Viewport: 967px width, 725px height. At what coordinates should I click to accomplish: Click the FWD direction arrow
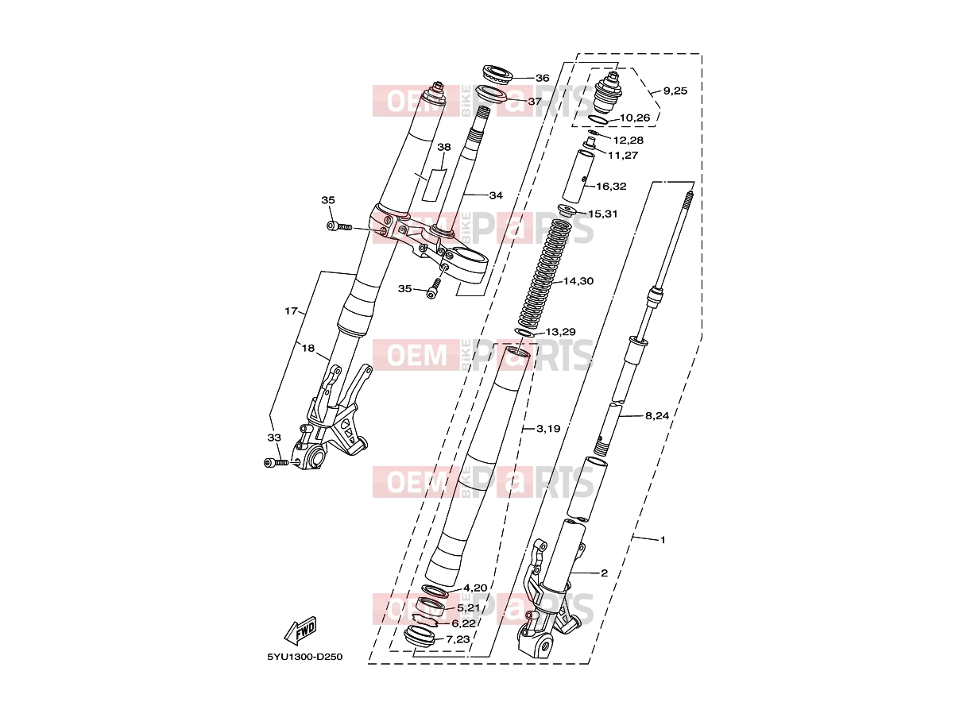pos(300,630)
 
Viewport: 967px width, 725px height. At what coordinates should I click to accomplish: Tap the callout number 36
pos(543,78)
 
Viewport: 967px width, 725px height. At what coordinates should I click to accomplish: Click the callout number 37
pos(535,101)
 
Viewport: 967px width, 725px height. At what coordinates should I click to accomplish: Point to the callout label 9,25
pos(675,91)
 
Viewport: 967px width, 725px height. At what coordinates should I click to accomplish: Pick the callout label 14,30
pos(578,281)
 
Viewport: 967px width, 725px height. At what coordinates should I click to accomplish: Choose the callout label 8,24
pos(657,415)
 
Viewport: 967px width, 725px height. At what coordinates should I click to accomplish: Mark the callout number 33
pos(274,438)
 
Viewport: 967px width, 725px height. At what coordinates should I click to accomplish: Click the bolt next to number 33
pos(277,463)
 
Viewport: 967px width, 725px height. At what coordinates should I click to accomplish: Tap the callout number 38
pos(444,147)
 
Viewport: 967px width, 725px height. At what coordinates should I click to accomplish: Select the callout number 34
pos(496,195)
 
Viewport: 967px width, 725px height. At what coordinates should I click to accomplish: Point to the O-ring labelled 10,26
pos(598,119)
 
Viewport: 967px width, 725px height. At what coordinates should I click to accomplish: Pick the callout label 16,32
pos(611,186)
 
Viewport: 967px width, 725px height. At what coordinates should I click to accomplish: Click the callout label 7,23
pos(458,638)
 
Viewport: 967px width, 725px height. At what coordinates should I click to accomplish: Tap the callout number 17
pos(291,310)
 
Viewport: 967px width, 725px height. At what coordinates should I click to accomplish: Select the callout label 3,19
pos(548,428)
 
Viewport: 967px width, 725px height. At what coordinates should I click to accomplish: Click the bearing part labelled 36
pos(498,75)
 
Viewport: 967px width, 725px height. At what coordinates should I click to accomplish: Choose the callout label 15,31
pos(602,214)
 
